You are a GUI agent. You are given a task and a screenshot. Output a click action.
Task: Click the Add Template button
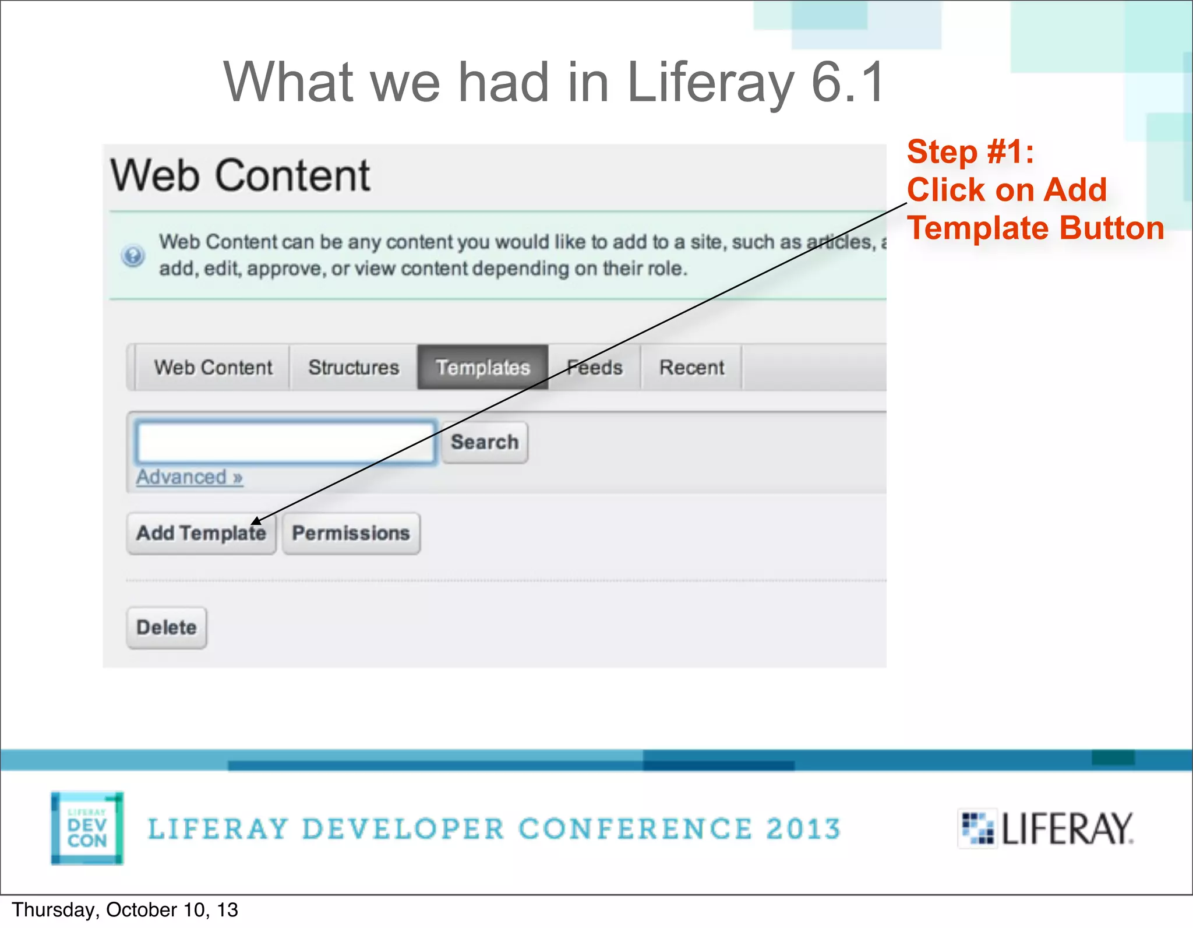pyautogui.click(x=201, y=533)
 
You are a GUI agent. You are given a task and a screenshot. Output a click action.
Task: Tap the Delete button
pyautogui.click(x=167, y=627)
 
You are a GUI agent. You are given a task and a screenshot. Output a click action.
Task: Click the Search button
pyautogui.click(x=485, y=442)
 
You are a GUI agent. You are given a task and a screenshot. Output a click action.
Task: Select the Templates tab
pyautogui.click(x=482, y=368)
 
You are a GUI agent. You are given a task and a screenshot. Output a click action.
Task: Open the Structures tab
pyautogui.click(x=354, y=368)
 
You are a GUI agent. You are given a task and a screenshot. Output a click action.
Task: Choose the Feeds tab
pyautogui.click(x=595, y=368)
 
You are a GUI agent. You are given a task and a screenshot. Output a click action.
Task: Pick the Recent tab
pyautogui.click(x=691, y=368)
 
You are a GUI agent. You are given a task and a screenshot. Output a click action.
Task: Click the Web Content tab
pyautogui.click(x=213, y=368)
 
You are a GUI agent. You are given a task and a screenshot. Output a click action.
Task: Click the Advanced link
pyautogui.click(x=189, y=477)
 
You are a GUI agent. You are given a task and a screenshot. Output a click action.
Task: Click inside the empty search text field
pyautogui.click(x=285, y=442)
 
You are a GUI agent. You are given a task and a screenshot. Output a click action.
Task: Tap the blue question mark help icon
pyautogui.click(x=133, y=255)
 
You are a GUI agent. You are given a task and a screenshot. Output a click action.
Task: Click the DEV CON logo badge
pyautogui.click(x=87, y=828)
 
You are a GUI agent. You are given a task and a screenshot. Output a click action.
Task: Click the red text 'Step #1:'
pyautogui.click(x=970, y=152)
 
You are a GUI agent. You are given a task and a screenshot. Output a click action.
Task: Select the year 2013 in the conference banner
pyautogui.click(x=803, y=829)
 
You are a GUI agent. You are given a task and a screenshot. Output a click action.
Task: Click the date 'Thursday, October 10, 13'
pyautogui.click(x=125, y=910)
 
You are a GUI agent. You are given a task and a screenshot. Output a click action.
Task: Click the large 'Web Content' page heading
pyautogui.click(x=240, y=175)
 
